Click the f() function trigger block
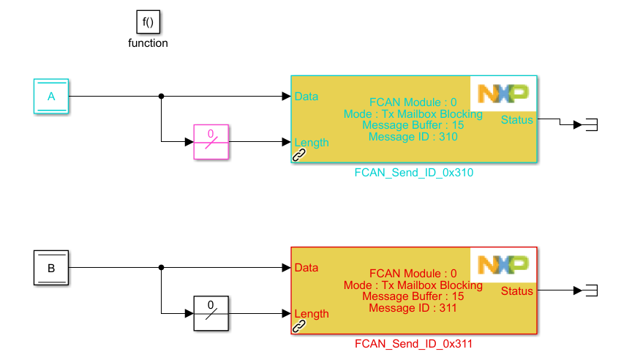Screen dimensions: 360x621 click(148, 22)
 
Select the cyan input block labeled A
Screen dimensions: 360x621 click(51, 96)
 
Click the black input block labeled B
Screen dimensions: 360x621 click(51, 268)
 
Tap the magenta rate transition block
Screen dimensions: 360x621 click(211, 142)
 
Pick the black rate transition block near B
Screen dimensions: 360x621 click(211, 313)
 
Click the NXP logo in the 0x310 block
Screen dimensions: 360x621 click(503, 93)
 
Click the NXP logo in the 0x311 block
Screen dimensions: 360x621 click(503, 265)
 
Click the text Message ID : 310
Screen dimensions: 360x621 click(413, 137)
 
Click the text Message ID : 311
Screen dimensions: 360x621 click(413, 308)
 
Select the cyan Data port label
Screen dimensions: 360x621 click(306, 96)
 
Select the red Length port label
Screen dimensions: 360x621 click(311, 314)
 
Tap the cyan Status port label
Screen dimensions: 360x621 click(517, 119)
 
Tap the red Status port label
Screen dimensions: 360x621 click(517, 291)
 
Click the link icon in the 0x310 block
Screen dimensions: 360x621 click(299, 154)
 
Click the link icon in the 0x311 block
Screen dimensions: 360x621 click(299, 326)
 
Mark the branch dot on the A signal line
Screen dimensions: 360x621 click(161, 96)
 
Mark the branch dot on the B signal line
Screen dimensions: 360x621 click(161, 268)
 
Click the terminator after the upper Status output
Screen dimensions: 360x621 click(591, 125)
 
